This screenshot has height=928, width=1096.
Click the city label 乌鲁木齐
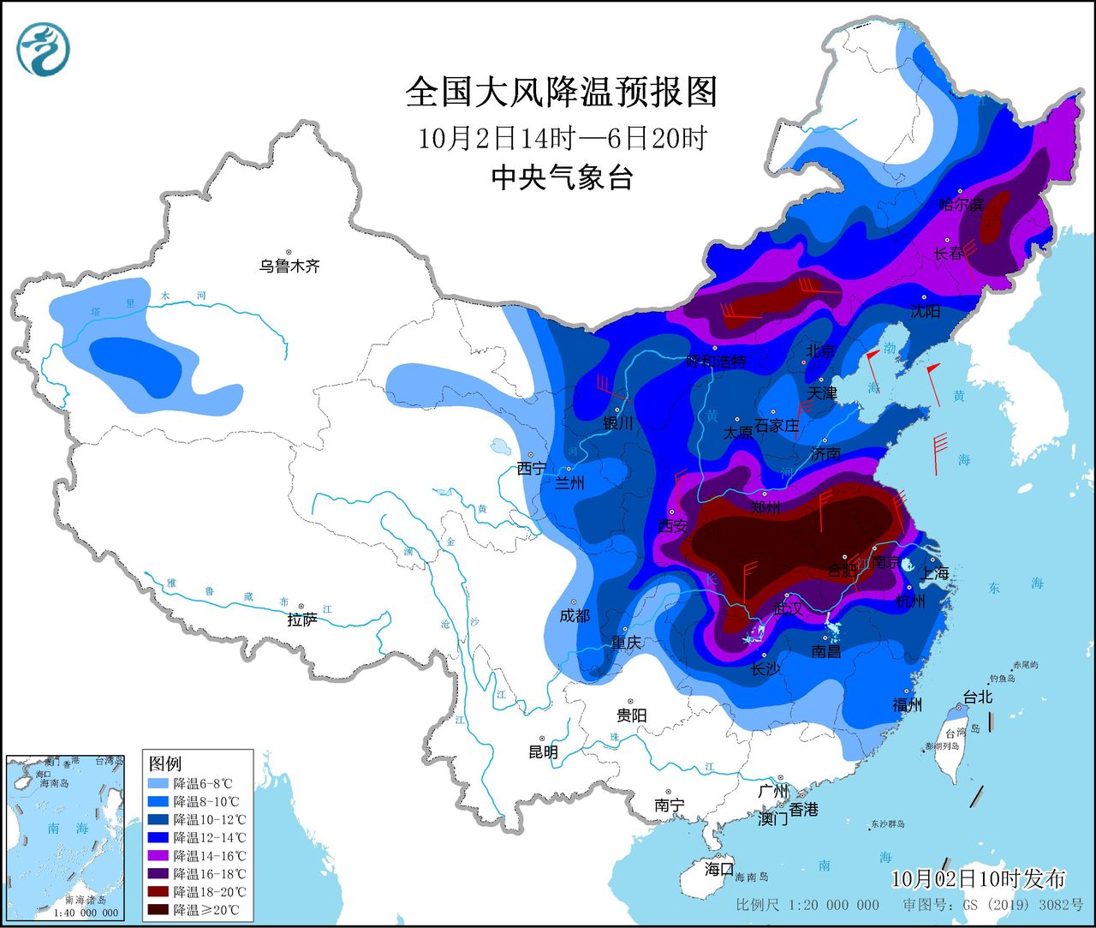tap(289, 266)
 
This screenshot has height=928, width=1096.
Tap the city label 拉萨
tap(301, 620)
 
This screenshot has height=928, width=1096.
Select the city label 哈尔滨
tap(961, 205)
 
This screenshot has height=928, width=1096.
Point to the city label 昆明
tap(543, 752)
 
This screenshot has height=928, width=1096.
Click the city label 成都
tap(574, 615)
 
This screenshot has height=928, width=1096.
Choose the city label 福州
tap(907, 705)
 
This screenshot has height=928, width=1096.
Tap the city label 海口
tap(719, 868)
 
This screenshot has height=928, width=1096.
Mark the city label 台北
tap(977, 697)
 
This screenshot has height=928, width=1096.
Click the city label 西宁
tap(531, 469)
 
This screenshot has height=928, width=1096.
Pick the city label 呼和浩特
tap(717, 362)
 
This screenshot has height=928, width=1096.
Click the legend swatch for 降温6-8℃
tap(158, 783)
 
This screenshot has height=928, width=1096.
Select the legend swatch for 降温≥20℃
tap(158, 909)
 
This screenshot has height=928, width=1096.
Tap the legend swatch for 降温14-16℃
tap(158, 855)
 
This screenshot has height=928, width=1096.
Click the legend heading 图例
tap(165, 763)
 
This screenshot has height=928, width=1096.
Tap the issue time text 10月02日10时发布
tap(978, 878)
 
